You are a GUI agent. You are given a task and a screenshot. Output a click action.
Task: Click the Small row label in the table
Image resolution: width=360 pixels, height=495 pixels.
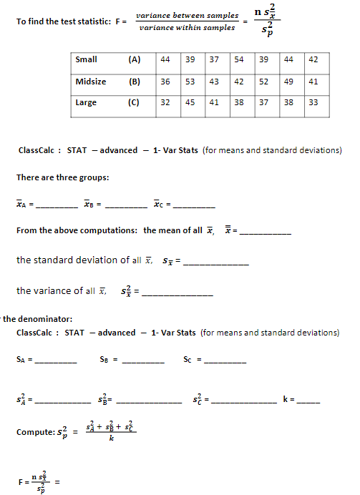[x=87, y=59]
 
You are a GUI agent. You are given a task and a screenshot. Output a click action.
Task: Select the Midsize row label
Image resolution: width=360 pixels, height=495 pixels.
[x=91, y=82]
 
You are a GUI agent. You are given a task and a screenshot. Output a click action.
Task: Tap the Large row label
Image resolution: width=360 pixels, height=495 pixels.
[x=87, y=102]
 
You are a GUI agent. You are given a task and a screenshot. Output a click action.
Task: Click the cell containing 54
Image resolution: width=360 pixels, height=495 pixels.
[x=239, y=59]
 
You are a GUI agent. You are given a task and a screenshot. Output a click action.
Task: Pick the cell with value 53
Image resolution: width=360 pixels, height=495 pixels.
[x=190, y=82]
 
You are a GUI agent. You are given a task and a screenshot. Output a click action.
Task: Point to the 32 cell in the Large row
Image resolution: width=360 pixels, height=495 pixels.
[x=165, y=102]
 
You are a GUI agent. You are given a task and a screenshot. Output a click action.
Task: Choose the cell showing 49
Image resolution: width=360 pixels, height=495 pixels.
[x=288, y=82]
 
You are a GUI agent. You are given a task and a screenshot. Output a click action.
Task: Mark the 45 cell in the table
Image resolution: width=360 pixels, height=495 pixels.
[x=190, y=102]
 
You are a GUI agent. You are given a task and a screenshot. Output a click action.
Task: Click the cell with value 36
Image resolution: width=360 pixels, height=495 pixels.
[x=165, y=82]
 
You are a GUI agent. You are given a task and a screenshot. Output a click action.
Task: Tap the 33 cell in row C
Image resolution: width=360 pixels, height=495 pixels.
[x=313, y=102]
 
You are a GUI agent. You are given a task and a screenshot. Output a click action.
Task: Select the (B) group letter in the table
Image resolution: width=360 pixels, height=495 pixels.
[x=134, y=82]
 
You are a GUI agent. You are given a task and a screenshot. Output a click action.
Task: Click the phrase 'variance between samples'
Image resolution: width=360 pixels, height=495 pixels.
[x=187, y=15]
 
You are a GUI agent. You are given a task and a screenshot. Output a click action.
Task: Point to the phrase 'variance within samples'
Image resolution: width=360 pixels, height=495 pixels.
[x=187, y=27]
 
